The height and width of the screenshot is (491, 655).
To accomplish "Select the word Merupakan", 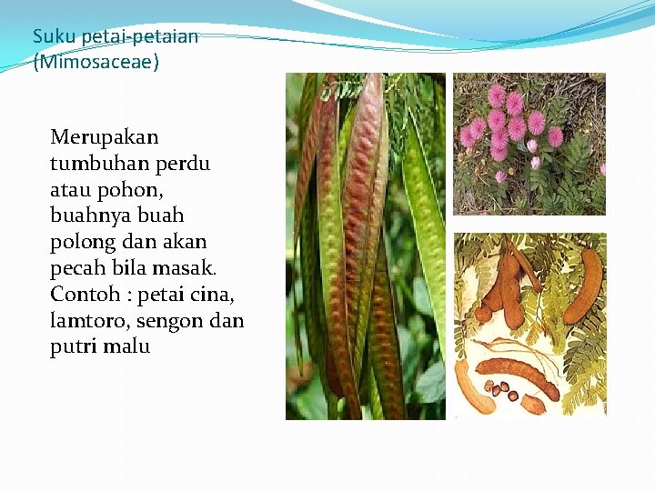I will [104, 138].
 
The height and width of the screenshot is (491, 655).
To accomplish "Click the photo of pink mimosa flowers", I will [529, 144].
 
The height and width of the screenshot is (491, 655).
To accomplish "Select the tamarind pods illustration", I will [529, 325].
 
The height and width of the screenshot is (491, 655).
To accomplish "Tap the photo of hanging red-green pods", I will [366, 245].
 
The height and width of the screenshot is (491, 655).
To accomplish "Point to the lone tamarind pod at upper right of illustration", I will [581, 285].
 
